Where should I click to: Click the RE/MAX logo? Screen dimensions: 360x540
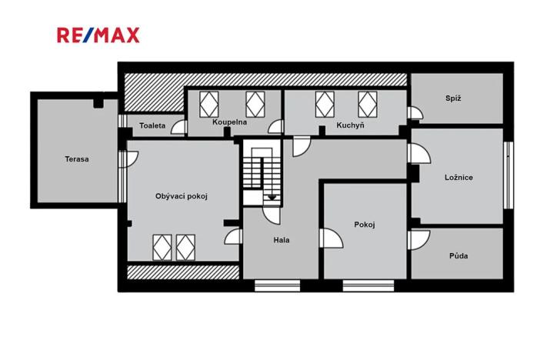coord(98,35)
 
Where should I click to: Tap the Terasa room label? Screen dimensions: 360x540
coord(77,159)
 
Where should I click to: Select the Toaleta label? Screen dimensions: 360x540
coord(152,125)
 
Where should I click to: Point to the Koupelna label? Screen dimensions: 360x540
coord(229,122)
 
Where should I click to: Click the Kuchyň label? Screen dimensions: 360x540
coord(350,125)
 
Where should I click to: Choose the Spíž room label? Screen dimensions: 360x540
coord(453,98)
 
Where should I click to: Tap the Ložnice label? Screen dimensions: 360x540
coord(458,177)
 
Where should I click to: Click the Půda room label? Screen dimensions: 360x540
coord(458,256)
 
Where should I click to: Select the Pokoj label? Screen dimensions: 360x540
coord(364,225)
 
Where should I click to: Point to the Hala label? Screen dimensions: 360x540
coord(282,239)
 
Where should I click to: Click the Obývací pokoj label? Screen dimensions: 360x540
coord(182,195)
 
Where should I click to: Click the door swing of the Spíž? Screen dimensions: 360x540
coord(415,114)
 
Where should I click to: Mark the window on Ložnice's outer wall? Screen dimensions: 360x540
coord(507,175)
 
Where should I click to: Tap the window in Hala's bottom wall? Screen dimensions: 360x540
coord(276,286)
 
